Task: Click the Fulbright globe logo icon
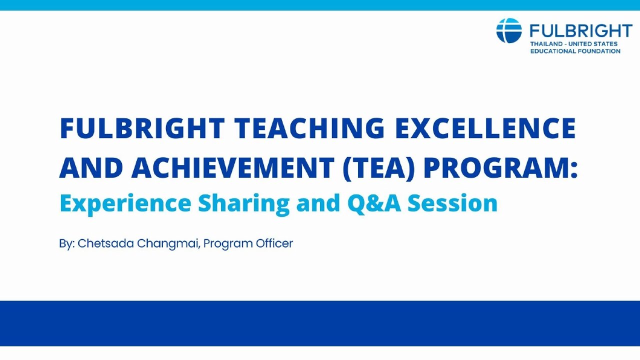(509, 30)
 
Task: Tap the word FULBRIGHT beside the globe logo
(581, 31)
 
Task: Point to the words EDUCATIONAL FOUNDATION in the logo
(575, 51)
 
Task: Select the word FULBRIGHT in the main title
(141, 128)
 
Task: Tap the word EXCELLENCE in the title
(485, 128)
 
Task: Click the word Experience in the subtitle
(125, 203)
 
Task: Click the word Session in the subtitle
(452, 203)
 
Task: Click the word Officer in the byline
(274, 243)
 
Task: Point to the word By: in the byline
(66, 243)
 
